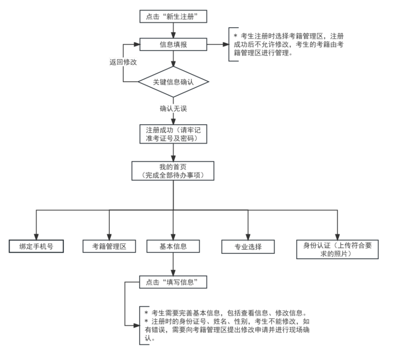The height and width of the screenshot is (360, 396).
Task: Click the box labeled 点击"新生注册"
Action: pyautogui.click(x=173, y=17)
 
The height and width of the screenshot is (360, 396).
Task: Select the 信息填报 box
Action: pyautogui.click(x=173, y=44)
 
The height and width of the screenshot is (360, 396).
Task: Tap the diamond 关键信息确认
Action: pyautogui.click(x=173, y=82)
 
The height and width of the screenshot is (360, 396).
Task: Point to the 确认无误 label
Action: pyautogui.click(x=173, y=108)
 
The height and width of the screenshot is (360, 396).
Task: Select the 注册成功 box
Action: pyautogui.click(x=173, y=133)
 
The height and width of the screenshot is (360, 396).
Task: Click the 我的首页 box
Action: pyautogui.click(x=173, y=170)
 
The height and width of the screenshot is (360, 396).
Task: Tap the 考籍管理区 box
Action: pyautogui.click(x=109, y=246)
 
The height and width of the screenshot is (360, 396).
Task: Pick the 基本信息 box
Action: pyautogui.click(x=173, y=246)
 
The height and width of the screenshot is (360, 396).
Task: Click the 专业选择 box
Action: pyautogui.click(x=249, y=247)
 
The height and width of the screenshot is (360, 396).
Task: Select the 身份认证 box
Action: pyautogui.click(x=337, y=249)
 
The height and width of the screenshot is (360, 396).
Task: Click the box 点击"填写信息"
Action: pyautogui.click(x=173, y=282)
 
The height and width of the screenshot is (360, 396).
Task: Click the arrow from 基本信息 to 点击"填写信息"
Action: pyautogui.click(x=173, y=264)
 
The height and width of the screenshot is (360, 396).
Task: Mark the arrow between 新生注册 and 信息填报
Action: pyautogui.click(x=173, y=31)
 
